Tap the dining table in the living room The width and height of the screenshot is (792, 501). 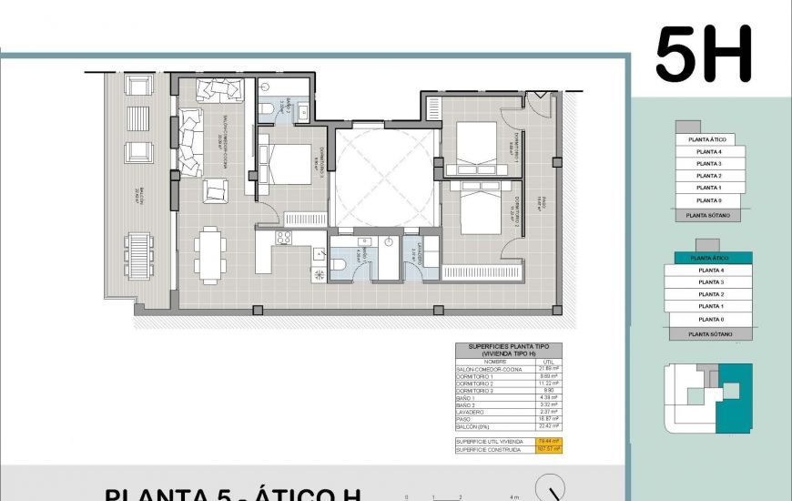tap(211, 253)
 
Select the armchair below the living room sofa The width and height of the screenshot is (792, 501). tap(215, 189)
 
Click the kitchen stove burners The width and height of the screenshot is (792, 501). tap(283, 238)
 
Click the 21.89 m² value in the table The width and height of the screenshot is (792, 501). tap(546, 369)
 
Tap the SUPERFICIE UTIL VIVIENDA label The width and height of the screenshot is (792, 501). tap(490, 441)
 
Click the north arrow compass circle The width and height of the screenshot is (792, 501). tap(550, 489)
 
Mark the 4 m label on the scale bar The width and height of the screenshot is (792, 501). tap(514, 497)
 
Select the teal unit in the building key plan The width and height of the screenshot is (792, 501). tap(736, 398)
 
